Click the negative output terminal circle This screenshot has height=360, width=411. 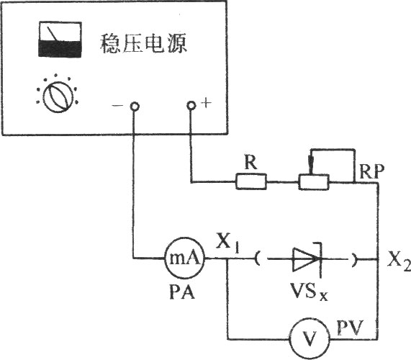135,106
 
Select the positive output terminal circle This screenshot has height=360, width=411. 191,105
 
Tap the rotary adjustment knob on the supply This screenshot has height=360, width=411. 58,97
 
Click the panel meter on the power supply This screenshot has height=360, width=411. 60,40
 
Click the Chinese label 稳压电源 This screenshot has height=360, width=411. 143,43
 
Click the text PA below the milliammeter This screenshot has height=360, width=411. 182,292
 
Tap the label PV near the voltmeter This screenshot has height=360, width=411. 350,327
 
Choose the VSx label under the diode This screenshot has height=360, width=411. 309,291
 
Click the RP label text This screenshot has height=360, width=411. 372,171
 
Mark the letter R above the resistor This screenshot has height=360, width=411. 250,162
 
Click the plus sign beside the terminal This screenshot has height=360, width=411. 207,103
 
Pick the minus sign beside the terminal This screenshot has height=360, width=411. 117,105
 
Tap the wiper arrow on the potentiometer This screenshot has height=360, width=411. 312,165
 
